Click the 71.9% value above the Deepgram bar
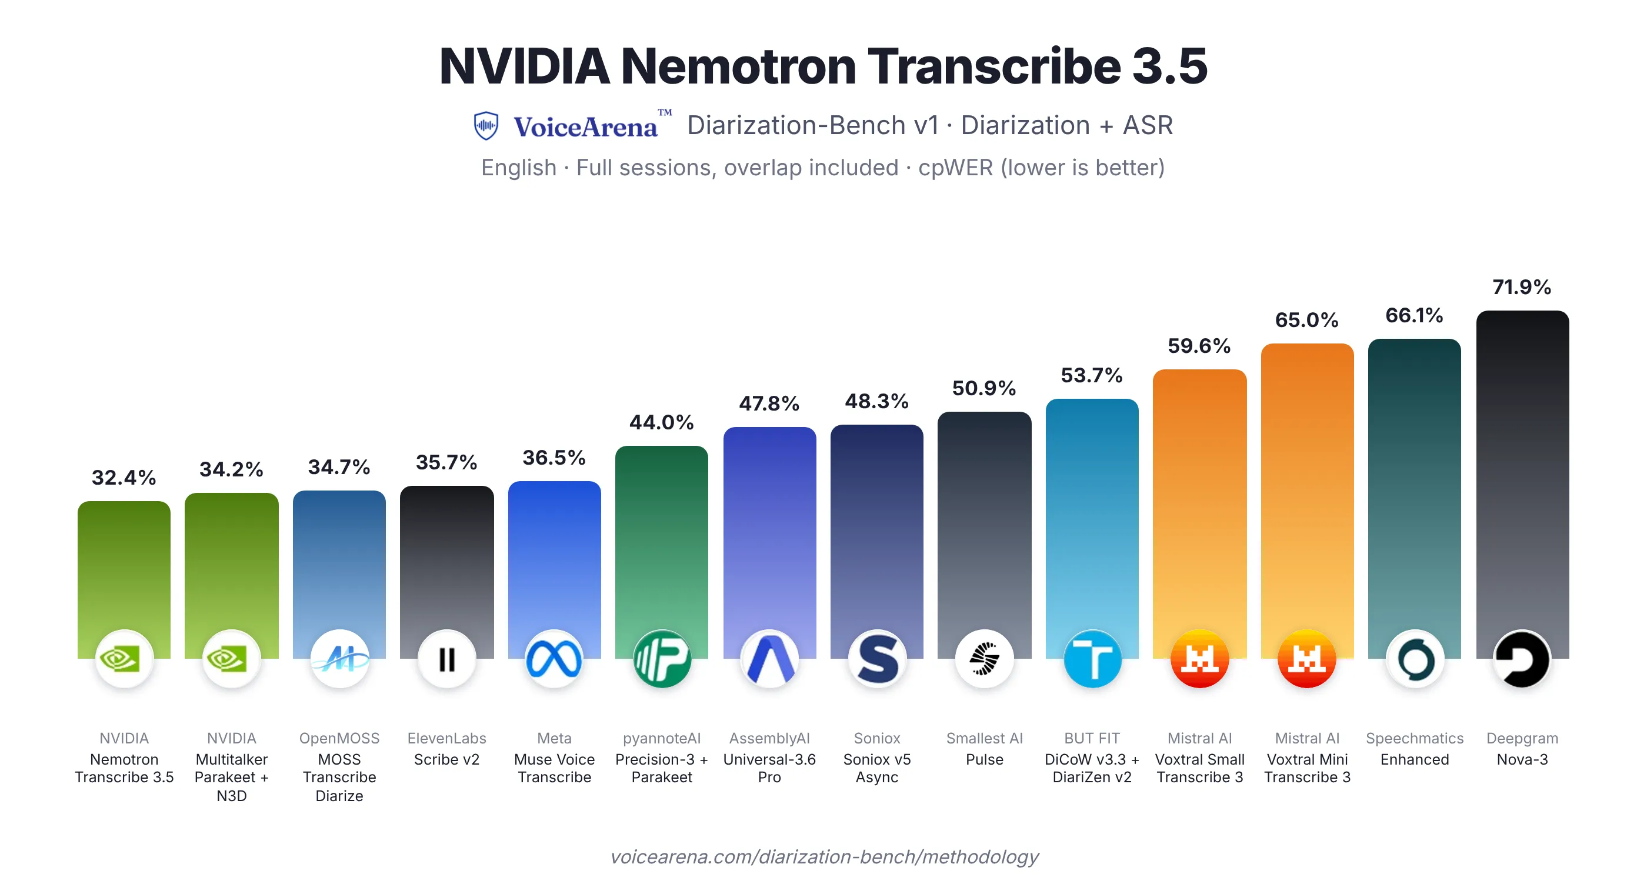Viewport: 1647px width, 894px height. pos(1522,287)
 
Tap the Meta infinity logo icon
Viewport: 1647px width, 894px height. pos(554,659)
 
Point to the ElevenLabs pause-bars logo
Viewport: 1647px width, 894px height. pos(447,659)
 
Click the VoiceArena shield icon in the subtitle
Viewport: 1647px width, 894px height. pos(486,125)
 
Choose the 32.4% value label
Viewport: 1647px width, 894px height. pos(124,478)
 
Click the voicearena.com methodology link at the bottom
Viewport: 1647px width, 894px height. pos(824,856)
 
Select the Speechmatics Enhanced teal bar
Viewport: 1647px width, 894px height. pos(1414,499)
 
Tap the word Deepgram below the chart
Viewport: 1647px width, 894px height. pos(1522,738)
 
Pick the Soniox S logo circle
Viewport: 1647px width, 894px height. pos(877,659)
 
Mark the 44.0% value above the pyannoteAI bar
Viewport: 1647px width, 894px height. pos(661,422)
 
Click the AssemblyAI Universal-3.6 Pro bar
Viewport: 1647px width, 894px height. pos(770,543)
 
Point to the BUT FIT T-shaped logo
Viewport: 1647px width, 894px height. pos(1092,659)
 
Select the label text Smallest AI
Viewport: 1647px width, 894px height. pos(985,738)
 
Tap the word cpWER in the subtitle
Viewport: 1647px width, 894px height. pos(956,168)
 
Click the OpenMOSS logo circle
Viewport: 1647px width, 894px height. pos(339,659)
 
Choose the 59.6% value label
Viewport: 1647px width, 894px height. pos(1199,346)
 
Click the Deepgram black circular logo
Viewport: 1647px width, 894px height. pos(1522,659)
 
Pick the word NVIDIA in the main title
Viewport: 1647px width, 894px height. pos(524,66)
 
